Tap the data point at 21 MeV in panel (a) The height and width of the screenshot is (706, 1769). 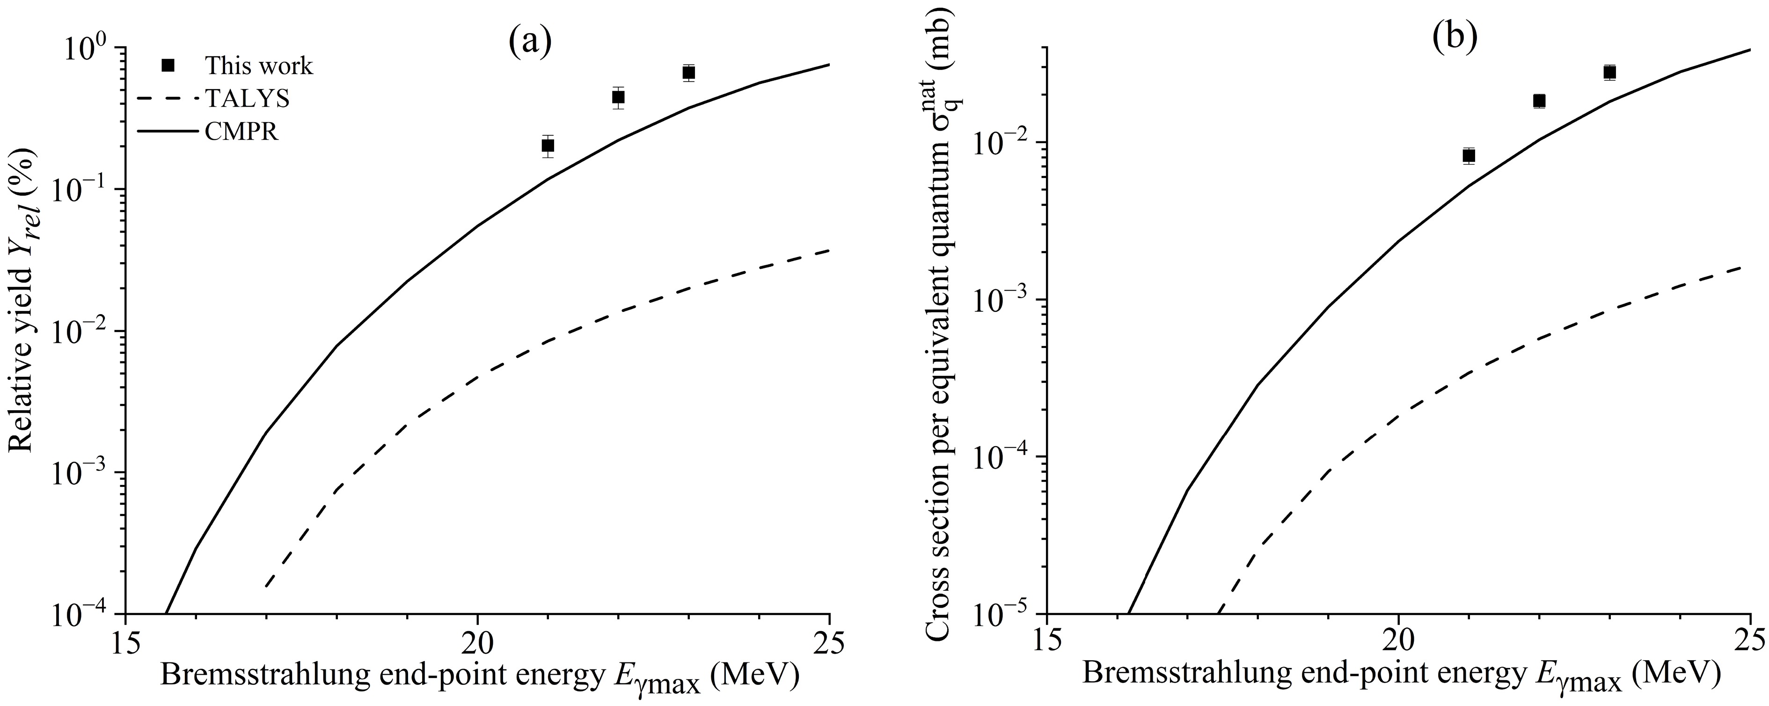pyautogui.click(x=548, y=146)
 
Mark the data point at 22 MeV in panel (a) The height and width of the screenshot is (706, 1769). pyautogui.click(x=618, y=97)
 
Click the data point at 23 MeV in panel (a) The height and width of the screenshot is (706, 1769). pyautogui.click(x=689, y=73)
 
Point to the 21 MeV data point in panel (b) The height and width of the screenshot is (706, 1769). pyautogui.click(x=1469, y=155)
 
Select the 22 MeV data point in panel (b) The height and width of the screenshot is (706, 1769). pyautogui.click(x=1540, y=101)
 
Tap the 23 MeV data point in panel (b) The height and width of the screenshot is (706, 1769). pyautogui.click(x=1610, y=72)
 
